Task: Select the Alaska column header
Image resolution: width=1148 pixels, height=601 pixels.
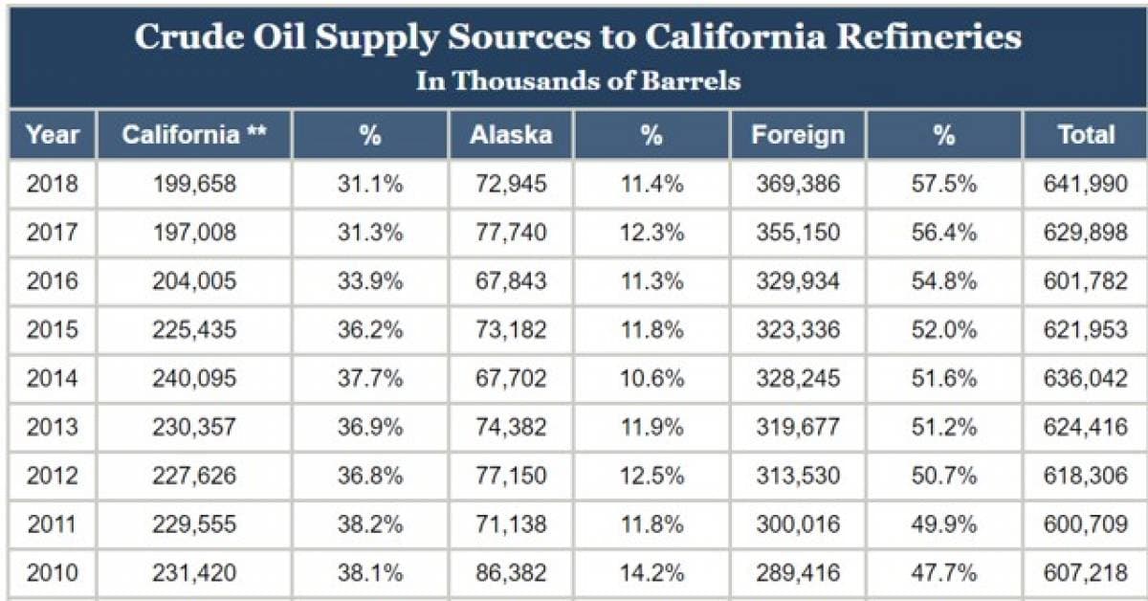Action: point(511,135)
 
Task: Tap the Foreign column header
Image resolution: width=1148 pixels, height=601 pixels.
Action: point(798,135)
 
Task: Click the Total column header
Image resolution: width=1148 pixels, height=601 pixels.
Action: point(1086,135)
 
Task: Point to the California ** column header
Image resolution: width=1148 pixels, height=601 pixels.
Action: point(194,135)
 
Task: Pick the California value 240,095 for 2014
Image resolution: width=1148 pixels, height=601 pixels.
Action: point(194,379)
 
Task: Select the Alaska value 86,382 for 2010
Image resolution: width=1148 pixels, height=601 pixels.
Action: point(511,573)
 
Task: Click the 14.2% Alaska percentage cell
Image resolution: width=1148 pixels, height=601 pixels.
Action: point(651,573)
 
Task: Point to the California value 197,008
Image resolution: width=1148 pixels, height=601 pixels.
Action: point(194,233)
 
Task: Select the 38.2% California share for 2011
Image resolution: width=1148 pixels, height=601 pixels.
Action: point(370,524)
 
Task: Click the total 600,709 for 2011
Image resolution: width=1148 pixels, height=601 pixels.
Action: point(1086,524)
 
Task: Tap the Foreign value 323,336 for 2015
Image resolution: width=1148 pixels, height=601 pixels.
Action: point(798,330)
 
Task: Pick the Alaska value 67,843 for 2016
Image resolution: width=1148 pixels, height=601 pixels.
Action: point(511,281)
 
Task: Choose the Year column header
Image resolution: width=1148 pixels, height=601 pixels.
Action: point(53,135)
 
